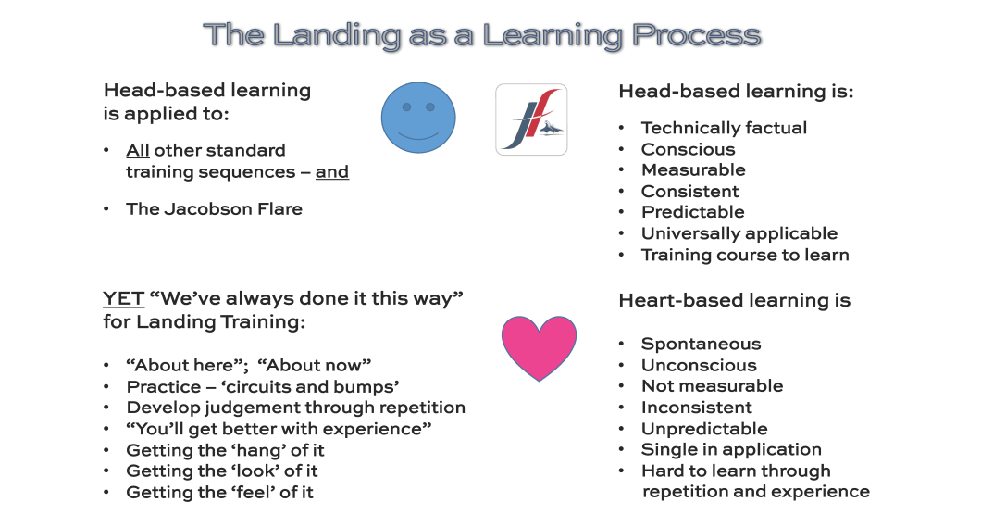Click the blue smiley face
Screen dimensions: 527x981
419,117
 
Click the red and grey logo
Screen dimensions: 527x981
531,119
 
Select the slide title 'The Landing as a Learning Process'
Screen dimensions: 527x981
481,35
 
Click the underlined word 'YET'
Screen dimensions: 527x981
123,299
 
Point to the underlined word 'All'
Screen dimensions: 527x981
138,150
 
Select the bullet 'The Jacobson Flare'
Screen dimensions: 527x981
214,208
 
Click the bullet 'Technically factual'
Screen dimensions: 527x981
724,128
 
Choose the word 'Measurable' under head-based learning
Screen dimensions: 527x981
693,170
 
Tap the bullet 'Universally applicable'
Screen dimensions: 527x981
739,233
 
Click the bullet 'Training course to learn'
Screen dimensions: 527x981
744,255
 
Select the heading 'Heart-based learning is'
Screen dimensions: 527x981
734,300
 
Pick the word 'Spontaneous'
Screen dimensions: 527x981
701,344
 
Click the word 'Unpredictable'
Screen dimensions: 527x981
704,429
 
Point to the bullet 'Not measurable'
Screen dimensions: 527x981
712,386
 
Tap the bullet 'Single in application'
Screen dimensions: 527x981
731,450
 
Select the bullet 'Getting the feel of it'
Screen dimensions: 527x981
219,493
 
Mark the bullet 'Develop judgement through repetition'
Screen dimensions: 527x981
295,408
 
